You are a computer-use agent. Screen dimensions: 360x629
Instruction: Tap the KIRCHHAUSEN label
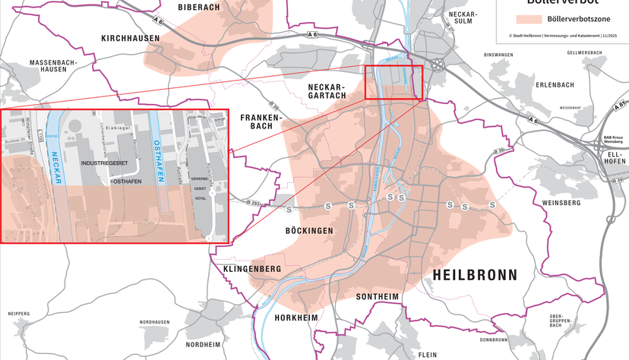pos(130,38)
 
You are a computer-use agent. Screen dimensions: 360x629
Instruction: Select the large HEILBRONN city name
pos(474,275)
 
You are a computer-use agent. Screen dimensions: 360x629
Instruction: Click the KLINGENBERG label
pos(252,270)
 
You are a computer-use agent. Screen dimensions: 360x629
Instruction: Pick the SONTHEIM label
pos(378,295)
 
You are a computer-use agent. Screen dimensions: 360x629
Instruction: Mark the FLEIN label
pos(427,355)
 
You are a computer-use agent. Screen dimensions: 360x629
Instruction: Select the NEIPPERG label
pos(18,313)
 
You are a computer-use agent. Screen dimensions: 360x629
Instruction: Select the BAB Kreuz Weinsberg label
pos(612,140)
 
